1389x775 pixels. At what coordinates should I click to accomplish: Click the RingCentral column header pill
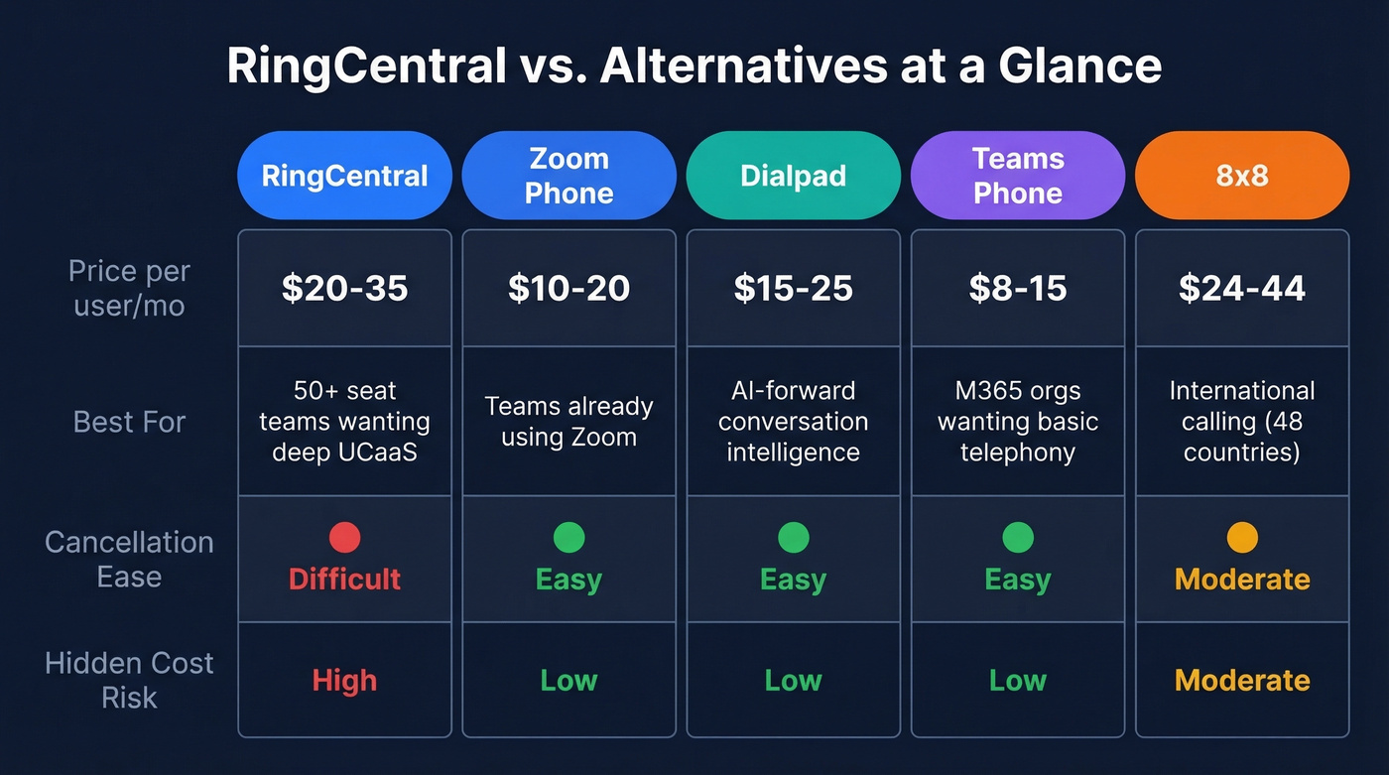344,176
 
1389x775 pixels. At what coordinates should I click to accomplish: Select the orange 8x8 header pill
1242,176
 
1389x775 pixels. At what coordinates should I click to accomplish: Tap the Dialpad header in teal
793,176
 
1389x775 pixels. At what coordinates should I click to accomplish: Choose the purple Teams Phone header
1018,176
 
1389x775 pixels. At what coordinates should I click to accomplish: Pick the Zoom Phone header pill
568,176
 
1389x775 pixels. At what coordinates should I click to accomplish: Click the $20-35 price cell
344,288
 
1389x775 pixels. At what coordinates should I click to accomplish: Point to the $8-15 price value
1018,288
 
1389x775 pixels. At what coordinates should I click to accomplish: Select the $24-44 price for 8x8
1242,288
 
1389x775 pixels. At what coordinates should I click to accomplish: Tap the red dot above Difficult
344,538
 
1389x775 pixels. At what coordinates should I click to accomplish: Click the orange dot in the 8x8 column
1242,538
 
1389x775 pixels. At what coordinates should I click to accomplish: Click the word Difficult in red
344,579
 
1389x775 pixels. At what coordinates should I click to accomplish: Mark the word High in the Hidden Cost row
344,681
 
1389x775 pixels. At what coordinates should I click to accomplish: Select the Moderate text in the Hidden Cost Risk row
1242,681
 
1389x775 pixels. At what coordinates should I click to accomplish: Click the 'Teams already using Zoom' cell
568,422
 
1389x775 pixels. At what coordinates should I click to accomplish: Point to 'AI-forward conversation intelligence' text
793,422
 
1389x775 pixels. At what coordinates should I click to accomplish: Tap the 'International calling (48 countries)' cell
1242,422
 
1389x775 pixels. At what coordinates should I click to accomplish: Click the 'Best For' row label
129,422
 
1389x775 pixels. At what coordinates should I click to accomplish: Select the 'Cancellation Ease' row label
129,559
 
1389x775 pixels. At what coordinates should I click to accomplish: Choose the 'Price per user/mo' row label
129,288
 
